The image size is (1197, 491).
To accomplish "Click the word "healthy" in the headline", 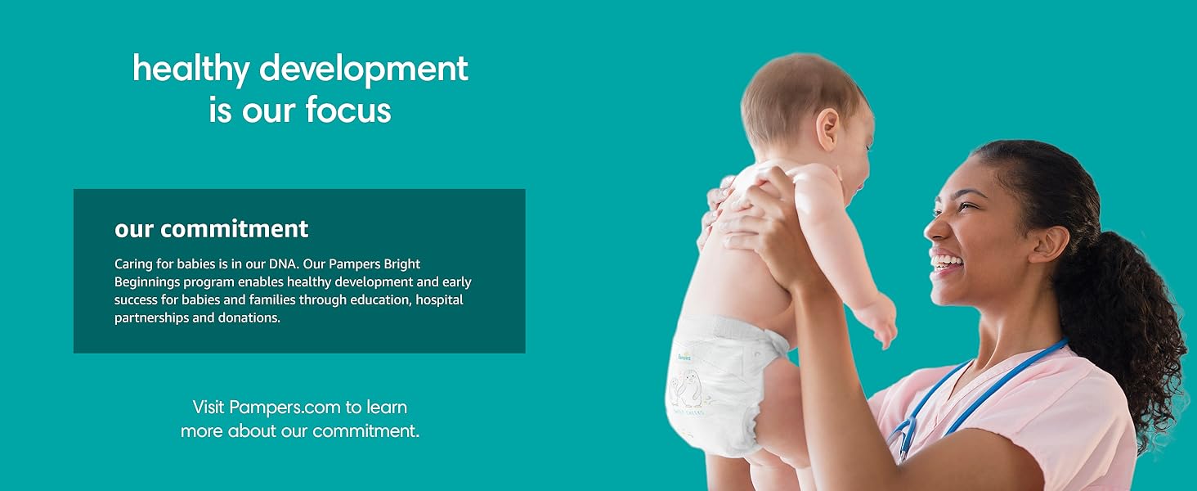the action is (x=191, y=70).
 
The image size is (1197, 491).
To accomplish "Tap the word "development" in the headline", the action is (x=364, y=70).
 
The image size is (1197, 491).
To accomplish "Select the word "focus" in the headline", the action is (x=347, y=110).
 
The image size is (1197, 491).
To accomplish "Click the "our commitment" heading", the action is (x=211, y=229).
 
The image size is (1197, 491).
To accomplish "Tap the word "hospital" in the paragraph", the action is (x=439, y=300).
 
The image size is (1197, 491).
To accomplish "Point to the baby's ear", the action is (x=828, y=128).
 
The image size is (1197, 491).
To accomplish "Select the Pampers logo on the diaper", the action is (x=684, y=356).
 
